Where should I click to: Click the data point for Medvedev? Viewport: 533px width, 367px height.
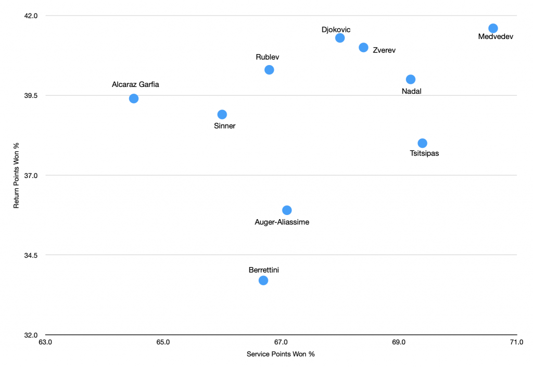493,28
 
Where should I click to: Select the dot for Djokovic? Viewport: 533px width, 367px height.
340,38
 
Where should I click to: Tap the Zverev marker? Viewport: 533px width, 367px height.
364,47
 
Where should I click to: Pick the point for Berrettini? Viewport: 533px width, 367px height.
263,281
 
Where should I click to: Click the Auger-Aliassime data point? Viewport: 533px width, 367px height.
287,210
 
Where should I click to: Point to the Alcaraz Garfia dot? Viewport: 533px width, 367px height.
134,98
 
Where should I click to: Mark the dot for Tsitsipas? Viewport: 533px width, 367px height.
423,143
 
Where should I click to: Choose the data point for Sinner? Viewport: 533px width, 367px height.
222,115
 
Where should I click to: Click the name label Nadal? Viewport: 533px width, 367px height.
412,91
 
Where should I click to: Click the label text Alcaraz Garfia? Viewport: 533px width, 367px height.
135,84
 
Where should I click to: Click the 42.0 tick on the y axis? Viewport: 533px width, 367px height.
31,16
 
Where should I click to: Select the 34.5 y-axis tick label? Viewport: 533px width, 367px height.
31,255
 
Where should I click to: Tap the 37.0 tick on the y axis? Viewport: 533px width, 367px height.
31,175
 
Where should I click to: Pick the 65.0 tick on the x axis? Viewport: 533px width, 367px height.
163,342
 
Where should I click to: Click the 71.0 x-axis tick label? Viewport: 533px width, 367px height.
516,342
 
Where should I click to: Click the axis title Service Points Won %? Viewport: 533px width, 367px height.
281,354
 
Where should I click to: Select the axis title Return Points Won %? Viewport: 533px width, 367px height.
16,175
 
